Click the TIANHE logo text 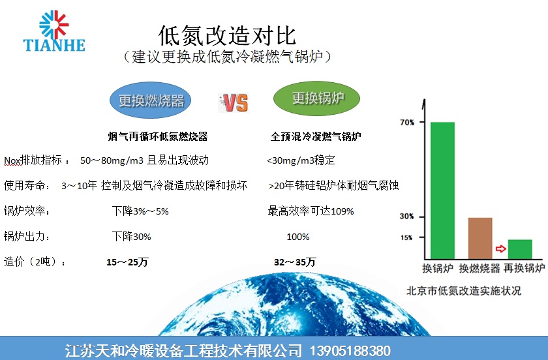54,45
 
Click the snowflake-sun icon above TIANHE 53,25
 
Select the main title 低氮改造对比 227,35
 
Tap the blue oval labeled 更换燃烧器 150,100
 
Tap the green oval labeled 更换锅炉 316,98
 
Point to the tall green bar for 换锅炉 442,190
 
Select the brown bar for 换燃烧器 480,238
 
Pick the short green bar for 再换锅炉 520,249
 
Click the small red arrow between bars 501,249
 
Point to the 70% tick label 407,123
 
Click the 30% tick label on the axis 407,217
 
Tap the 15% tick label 406,237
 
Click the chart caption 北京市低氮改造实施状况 464,290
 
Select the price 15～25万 127,262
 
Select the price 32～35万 295,262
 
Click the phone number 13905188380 350,351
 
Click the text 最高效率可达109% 311,211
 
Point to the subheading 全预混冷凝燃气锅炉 316,136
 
